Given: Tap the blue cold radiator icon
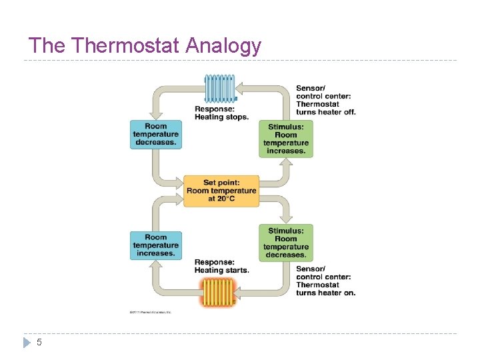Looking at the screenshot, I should pos(220,88).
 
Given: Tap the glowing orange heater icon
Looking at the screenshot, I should pos(219,291).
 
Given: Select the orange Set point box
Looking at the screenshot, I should pos(221,191).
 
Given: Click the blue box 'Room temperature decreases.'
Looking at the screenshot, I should pos(156,134).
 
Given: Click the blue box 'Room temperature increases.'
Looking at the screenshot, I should pos(156,245).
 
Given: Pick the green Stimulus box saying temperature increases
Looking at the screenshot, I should pos(285,139).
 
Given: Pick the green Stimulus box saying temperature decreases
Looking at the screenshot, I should pos(285,243).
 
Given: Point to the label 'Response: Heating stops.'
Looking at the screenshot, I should pos(221,113).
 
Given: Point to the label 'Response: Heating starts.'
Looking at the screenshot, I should pos(221,266).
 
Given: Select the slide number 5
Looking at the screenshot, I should pos(39,342).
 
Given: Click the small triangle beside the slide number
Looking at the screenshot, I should pos(27,342).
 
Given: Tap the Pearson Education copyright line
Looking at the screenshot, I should pos(150,311).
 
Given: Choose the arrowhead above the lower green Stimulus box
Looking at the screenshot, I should pos(286,218).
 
